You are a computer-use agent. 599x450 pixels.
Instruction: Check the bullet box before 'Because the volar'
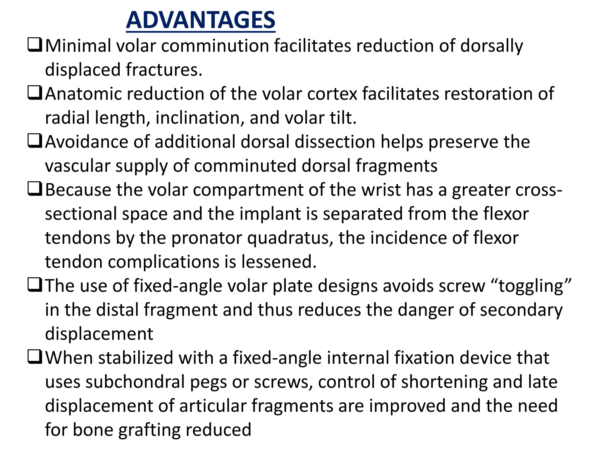coord(35,189)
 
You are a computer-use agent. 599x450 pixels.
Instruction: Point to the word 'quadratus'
coord(290,238)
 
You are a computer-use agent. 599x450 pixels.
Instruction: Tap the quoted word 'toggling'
coord(531,286)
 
